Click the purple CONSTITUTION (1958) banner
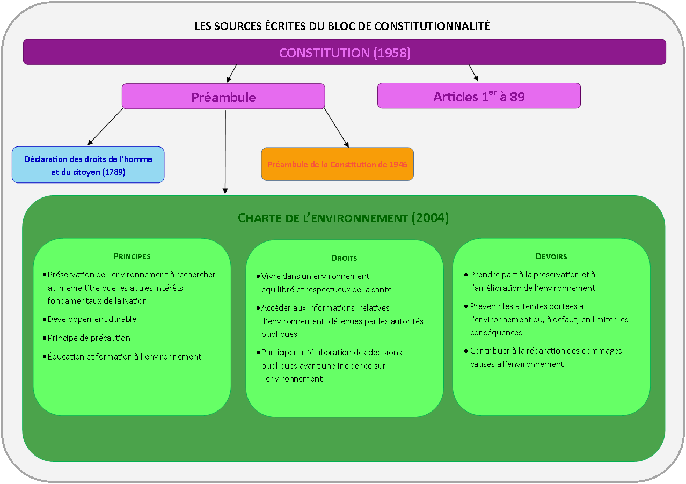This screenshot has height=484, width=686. click(x=344, y=52)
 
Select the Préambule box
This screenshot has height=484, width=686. click(x=223, y=97)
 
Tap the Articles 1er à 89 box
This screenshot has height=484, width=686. click(x=479, y=96)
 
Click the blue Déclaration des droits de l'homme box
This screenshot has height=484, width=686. click(x=88, y=165)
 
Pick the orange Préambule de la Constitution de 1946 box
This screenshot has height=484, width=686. click(x=337, y=164)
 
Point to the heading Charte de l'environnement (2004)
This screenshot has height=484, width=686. click(x=343, y=218)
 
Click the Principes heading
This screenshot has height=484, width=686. click(x=132, y=256)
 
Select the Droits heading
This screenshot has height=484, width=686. click(x=344, y=258)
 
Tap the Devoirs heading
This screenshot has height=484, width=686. click(x=551, y=256)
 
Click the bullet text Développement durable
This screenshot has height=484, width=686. click(x=92, y=319)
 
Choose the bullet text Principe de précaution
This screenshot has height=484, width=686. click(x=89, y=338)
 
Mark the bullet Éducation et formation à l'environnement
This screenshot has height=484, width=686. click(x=124, y=356)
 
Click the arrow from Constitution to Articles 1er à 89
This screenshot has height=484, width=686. click(x=473, y=73)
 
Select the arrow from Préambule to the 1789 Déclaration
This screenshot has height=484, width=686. click(x=105, y=127)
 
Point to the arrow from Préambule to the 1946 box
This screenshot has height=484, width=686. click(x=337, y=128)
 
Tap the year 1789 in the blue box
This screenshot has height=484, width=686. click(x=113, y=172)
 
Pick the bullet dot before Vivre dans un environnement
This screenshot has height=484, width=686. click(x=258, y=277)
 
